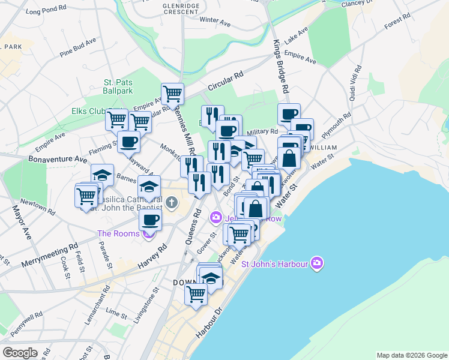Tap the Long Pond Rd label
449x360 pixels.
point(46,10)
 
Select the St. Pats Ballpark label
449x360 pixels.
point(118,86)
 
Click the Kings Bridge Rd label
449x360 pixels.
point(281,66)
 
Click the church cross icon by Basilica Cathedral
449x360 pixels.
point(171,202)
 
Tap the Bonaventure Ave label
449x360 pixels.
point(57,160)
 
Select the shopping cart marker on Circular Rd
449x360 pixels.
point(172,94)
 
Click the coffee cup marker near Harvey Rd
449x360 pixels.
point(150,220)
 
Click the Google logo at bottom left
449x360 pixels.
point(20,353)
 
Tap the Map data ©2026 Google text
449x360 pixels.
point(411,355)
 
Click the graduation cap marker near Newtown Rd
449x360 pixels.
point(103,175)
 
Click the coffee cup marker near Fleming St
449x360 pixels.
point(128,142)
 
